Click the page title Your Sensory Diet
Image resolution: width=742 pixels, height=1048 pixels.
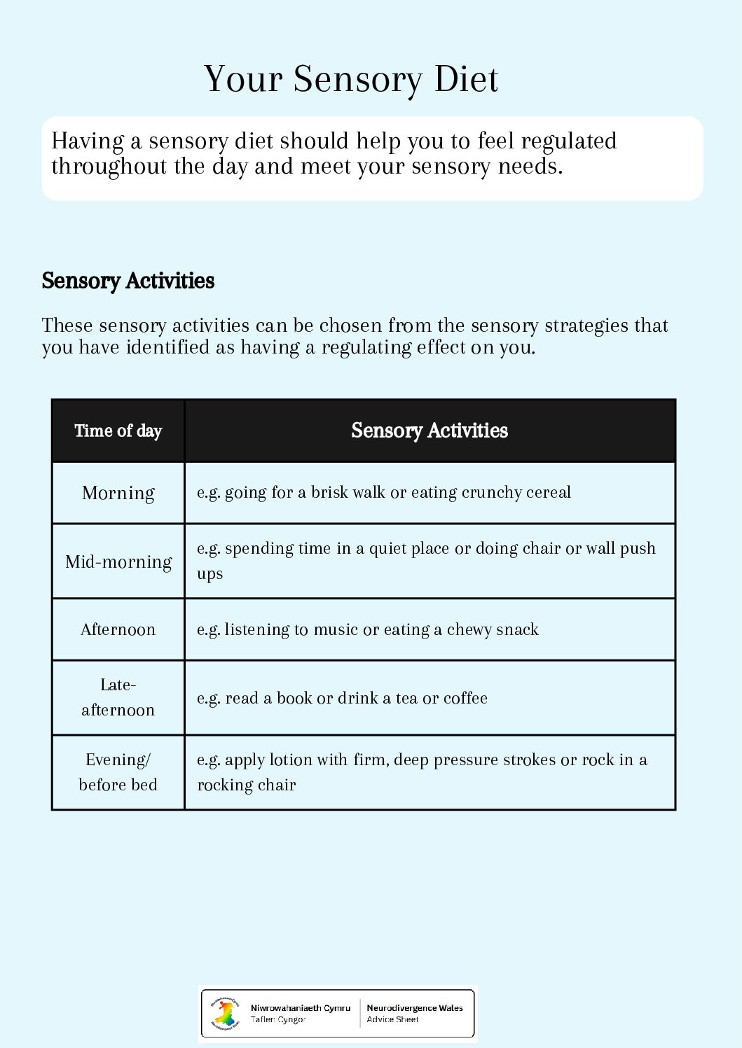pyautogui.click(x=351, y=79)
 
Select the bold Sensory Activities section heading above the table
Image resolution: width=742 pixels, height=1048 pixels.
pyautogui.click(x=128, y=281)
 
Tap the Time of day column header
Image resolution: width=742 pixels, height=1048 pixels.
pyautogui.click(x=118, y=431)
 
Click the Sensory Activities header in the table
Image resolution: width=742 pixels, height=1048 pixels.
pyautogui.click(x=430, y=431)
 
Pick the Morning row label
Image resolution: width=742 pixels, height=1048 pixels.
pyautogui.click(x=118, y=493)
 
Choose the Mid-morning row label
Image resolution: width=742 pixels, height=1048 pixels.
pyautogui.click(x=118, y=561)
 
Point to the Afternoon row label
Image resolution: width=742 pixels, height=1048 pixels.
pyautogui.click(x=118, y=629)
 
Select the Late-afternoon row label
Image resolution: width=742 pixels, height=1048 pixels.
pyautogui.click(x=118, y=697)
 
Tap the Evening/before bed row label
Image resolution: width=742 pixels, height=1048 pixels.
pyautogui.click(x=118, y=772)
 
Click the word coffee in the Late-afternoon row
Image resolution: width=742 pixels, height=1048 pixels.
pyautogui.click(x=465, y=698)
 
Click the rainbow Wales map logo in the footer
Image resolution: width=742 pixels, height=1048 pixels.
pyautogui.click(x=226, y=1013)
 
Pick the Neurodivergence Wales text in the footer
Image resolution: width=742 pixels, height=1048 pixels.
pyautogui.click(x=415, y=1008)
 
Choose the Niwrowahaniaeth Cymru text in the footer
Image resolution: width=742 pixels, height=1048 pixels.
pyautogui.click(x=301, y=1008)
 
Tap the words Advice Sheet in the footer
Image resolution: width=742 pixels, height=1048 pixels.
pyautogui.click(x=392, y=1019)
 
